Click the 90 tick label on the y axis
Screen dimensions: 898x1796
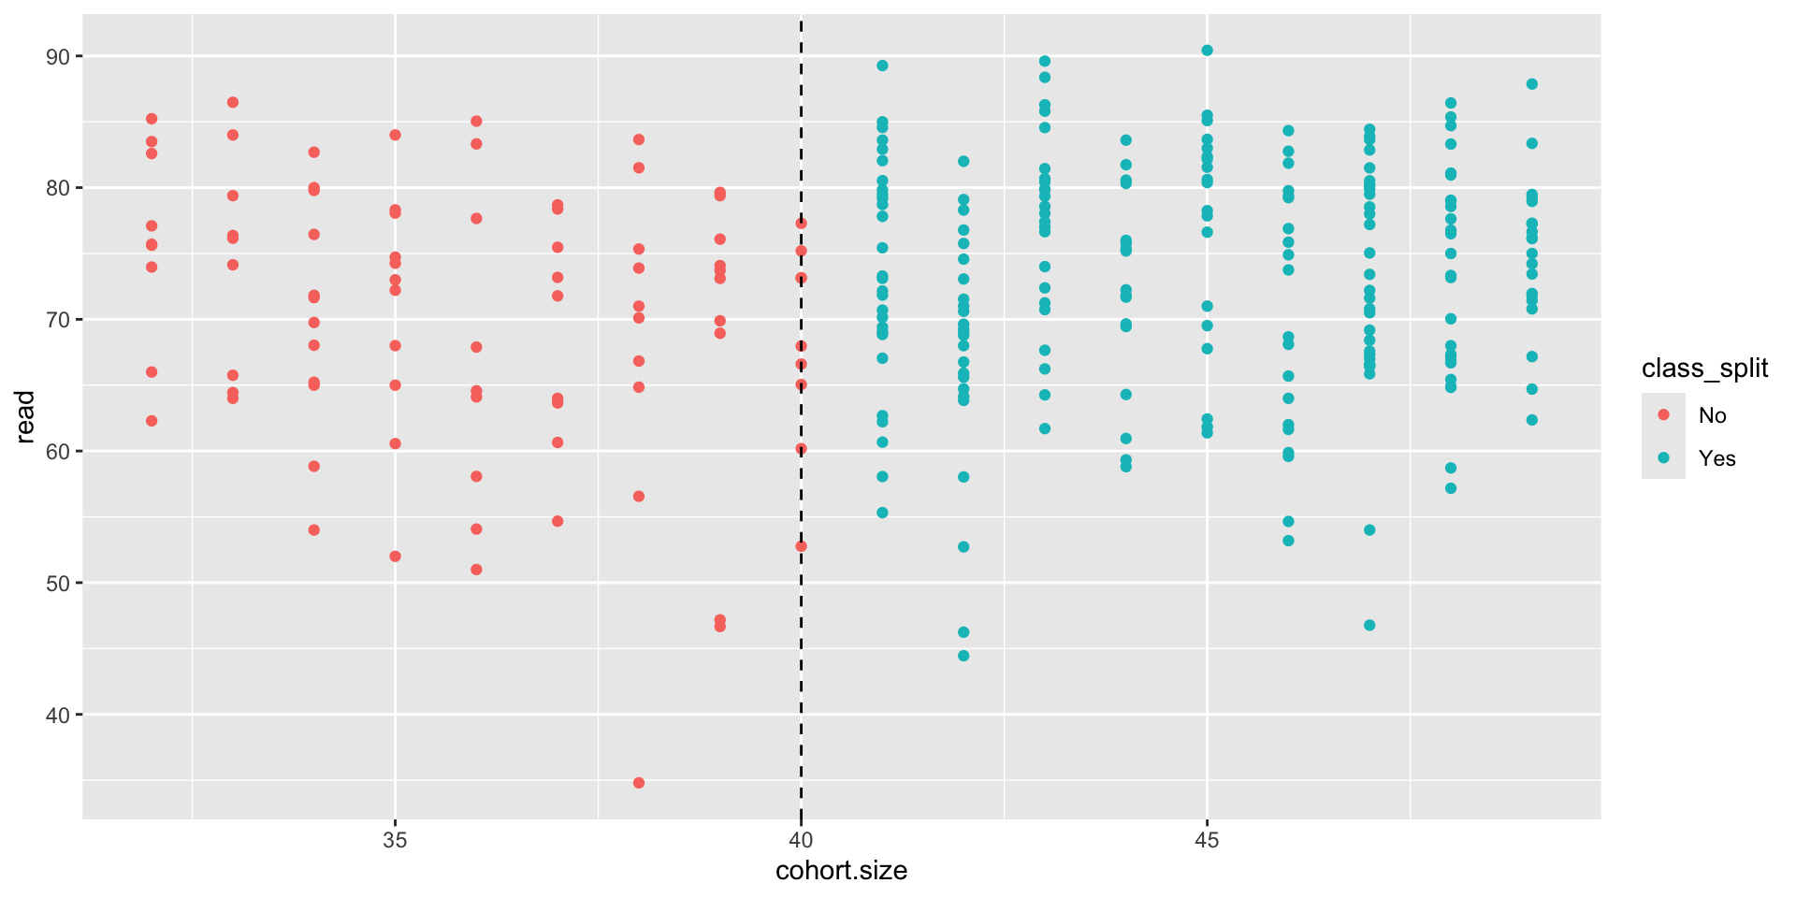[x=58, y=57]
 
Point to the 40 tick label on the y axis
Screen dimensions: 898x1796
[x=58, y=716]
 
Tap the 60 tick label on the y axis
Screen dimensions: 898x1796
[x=58, y=452]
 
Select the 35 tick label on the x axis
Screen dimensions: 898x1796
[x=395, y=840]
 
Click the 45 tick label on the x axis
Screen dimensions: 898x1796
[x=1207, y=840]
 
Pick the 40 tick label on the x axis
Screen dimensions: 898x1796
[x=801, y=840]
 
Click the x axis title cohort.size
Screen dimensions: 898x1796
[x=841, y=872]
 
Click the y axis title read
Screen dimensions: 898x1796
[x=25, y=416]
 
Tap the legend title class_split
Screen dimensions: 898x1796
[x=1704, y=369]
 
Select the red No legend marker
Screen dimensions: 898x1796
[x=1663, y=414]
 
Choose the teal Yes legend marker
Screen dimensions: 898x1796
[x=1663, y=457]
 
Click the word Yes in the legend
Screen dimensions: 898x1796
[x=1716, y=458]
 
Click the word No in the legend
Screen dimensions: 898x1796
[x=1712, y=415]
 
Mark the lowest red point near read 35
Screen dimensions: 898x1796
[x=639, y=783]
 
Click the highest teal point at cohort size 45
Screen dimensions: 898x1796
[x=1207, y=51]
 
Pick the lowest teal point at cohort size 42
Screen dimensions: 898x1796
[x=963, y=656]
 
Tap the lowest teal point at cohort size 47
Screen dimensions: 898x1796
[x=1369, y=625]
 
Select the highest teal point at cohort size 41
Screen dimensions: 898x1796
[x=882, y=65]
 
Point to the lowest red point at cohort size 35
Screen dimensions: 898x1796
[x=395, y=557]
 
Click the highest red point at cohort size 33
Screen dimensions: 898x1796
[x=233, y=102]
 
